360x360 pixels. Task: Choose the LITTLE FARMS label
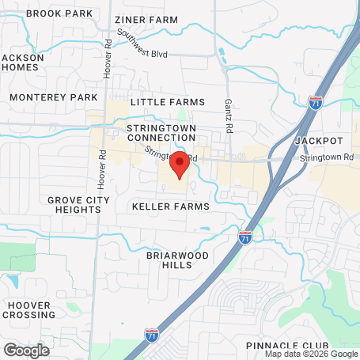pos(167,102)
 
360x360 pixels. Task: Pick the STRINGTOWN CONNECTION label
pos(161,133)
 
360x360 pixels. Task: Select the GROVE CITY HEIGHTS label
pos(78,205)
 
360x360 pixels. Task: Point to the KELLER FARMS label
pos(171,207)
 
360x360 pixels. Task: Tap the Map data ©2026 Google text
pos(311,354)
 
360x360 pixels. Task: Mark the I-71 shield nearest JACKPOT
pos(315,101)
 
